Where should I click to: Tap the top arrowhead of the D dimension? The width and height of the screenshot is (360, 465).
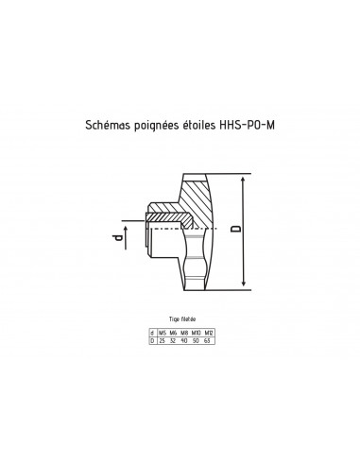[245, 180]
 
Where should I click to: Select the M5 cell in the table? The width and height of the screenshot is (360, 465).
[162, 333]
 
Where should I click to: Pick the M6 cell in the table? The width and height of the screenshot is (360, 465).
[173, 333]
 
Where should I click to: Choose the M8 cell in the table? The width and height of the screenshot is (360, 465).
[184, 333]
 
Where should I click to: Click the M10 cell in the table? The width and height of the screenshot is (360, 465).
[196, 333]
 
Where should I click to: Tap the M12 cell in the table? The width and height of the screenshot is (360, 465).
[208, 333]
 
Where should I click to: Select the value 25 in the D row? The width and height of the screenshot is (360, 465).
[162, 339]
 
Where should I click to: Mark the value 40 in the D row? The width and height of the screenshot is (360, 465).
[184, 339]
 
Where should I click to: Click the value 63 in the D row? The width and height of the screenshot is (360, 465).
[208, 339]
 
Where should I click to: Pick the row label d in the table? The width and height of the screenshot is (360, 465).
[151, 333]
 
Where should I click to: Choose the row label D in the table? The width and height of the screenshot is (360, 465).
[151, 339]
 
